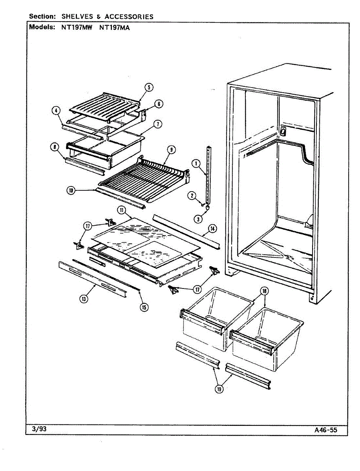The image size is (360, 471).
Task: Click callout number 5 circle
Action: (149, 88)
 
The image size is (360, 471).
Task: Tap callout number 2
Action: (192, 195)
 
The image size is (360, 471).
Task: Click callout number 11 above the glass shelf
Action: (122, 211)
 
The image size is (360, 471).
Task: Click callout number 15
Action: (144, 307)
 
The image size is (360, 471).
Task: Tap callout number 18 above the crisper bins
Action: (264, 291)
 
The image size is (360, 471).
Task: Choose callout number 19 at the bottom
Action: (219, 389)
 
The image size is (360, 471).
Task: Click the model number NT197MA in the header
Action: (115, 28)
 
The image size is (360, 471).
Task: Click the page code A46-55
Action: (325, 430)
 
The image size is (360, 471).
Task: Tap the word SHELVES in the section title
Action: (77, 16)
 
